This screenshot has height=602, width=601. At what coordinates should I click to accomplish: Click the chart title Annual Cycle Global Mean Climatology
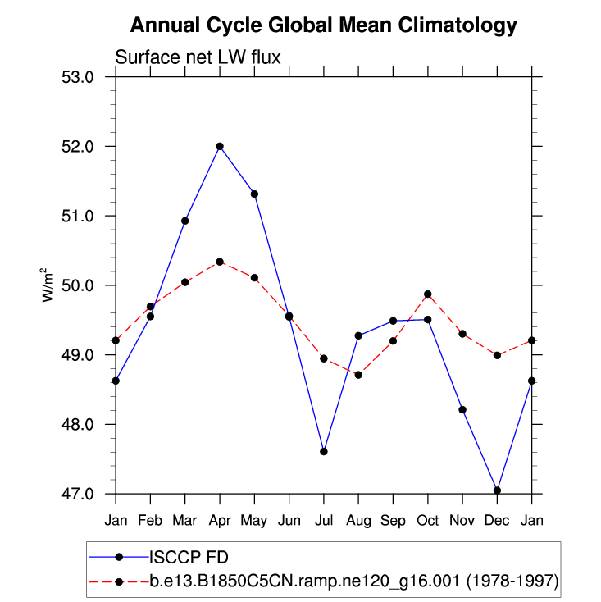click(324, 25)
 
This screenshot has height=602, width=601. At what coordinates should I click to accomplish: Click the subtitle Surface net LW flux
click(198, 57)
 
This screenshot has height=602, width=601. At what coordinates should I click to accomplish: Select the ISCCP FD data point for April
click(220, 147)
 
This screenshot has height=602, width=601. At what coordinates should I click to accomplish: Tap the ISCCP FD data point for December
click(497, 490)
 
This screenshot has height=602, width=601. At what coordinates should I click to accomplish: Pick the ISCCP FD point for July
click(324, 452)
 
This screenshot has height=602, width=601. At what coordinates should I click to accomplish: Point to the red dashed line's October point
click(428, 294)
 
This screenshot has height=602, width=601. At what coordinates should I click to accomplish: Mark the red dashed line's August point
click(358, 375)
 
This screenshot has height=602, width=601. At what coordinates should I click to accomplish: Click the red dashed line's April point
click(220, 262)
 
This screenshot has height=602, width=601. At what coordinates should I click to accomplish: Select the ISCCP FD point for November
click(462, 409)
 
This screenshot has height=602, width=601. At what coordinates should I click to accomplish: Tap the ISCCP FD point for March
click(185, 221)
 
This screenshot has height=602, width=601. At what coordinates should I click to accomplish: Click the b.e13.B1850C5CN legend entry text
click(353, 581)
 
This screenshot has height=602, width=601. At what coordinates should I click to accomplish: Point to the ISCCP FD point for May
click(254, 194)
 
